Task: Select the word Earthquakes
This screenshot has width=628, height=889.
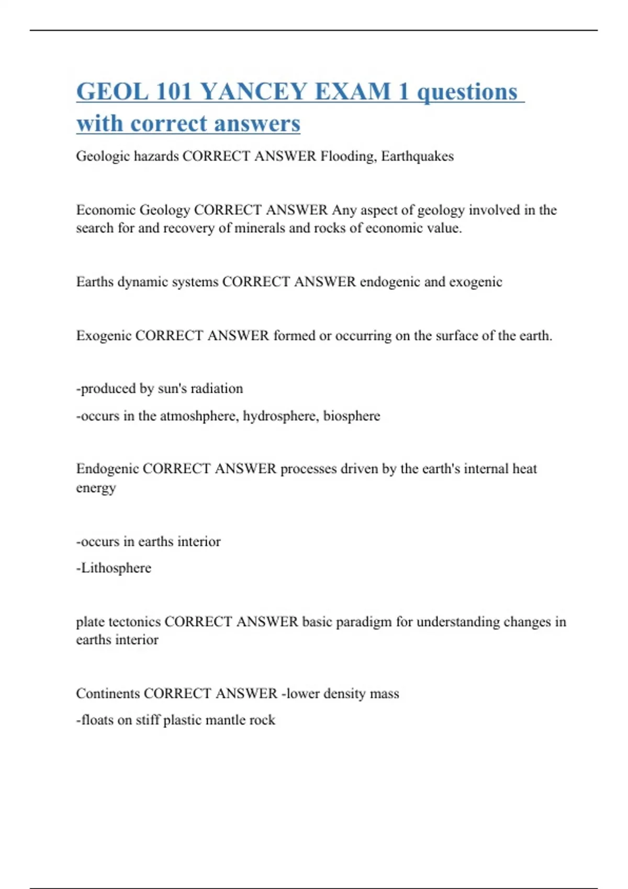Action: click(x=417, y=156)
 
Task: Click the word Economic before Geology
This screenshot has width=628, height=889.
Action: click(x=106, y=210)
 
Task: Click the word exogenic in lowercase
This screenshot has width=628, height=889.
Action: click(x=476, y=282)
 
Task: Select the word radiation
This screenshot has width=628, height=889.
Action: click(x=217, y=389)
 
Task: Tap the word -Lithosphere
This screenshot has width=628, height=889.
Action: click(x=114, y=568)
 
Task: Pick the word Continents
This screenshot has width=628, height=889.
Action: click(x=107, y=694)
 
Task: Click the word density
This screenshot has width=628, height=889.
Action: click(x=344, y=694)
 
